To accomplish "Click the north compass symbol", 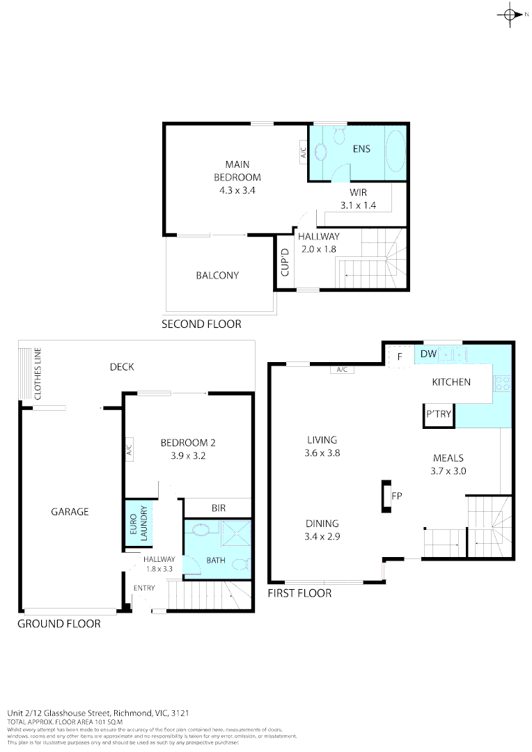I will point(510,14).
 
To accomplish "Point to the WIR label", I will point(359,192).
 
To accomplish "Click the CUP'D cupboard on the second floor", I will point(284,263).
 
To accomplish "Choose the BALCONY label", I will point(217,276).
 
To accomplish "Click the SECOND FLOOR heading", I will point(201,324).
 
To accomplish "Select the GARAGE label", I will point(70,512).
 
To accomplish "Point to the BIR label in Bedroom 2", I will point(219,509).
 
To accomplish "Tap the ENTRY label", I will point(144,588).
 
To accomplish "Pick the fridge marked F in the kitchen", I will point(400,356).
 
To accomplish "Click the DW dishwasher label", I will point(428,354).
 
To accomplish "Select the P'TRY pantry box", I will point(439,415).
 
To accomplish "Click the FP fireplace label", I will point(397,496).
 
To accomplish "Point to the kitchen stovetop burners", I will point(502,382).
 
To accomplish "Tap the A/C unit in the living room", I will point(342,370).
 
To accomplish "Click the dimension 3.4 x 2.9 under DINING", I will point(321,536).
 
